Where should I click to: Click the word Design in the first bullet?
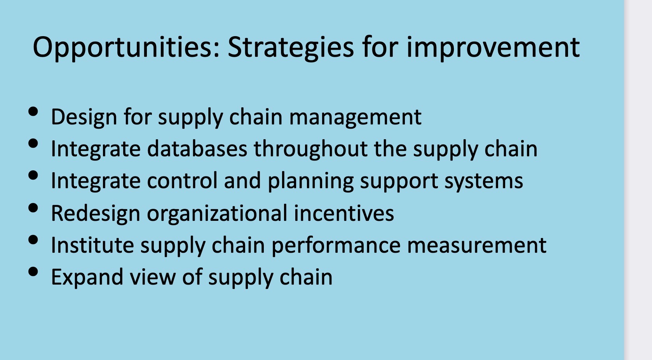[x=84, y=117]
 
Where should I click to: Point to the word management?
[x=356, y=118]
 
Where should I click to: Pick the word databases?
[x=197, y=149]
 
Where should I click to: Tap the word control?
[x=182, y=181]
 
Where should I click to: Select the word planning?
[x=310, y=182]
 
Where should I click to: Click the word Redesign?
[x=96, y=213]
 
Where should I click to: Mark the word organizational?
[x=217, y=213]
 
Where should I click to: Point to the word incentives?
[x=344, y=213]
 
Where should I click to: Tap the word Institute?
[x=92, y=245]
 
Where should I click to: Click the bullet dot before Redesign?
[x=33, y=208]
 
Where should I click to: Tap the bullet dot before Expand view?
[x=33, y=271]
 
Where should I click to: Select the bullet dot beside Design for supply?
[x=33, y=112]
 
